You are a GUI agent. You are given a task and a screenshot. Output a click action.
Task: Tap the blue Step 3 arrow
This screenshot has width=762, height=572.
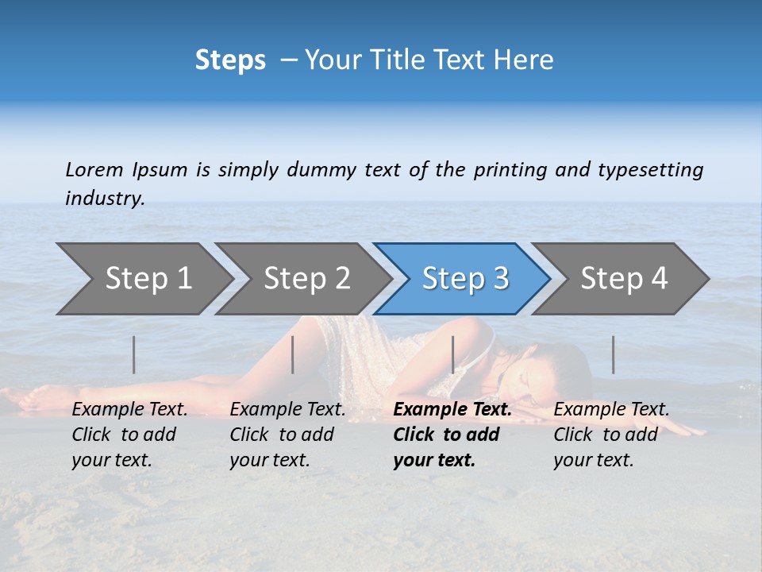(465, 279)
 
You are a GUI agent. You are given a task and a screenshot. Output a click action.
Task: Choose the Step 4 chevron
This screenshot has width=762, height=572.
(624, 279)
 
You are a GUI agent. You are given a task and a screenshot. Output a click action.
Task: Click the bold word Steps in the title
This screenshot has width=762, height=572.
(230, 60)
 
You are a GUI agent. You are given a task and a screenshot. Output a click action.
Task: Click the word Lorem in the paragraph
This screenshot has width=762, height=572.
(94, 169)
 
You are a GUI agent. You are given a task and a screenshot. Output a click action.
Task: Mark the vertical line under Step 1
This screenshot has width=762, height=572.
(133, 354)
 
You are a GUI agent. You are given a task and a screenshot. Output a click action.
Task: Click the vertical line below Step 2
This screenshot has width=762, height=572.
(293, 354)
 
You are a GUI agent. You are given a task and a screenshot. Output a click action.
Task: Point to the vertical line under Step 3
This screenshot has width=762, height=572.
(452, 354)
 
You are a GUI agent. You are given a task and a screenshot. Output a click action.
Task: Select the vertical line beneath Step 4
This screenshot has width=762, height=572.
(613, 354)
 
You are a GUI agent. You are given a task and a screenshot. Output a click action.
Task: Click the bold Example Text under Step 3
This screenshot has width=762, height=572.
(452, 410)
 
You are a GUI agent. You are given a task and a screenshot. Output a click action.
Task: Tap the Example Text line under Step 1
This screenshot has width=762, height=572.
(129, 410)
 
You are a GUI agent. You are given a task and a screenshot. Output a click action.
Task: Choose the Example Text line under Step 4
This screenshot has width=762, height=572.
(611, 410)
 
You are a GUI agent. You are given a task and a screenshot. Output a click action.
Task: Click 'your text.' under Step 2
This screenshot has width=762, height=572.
(270, 460)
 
